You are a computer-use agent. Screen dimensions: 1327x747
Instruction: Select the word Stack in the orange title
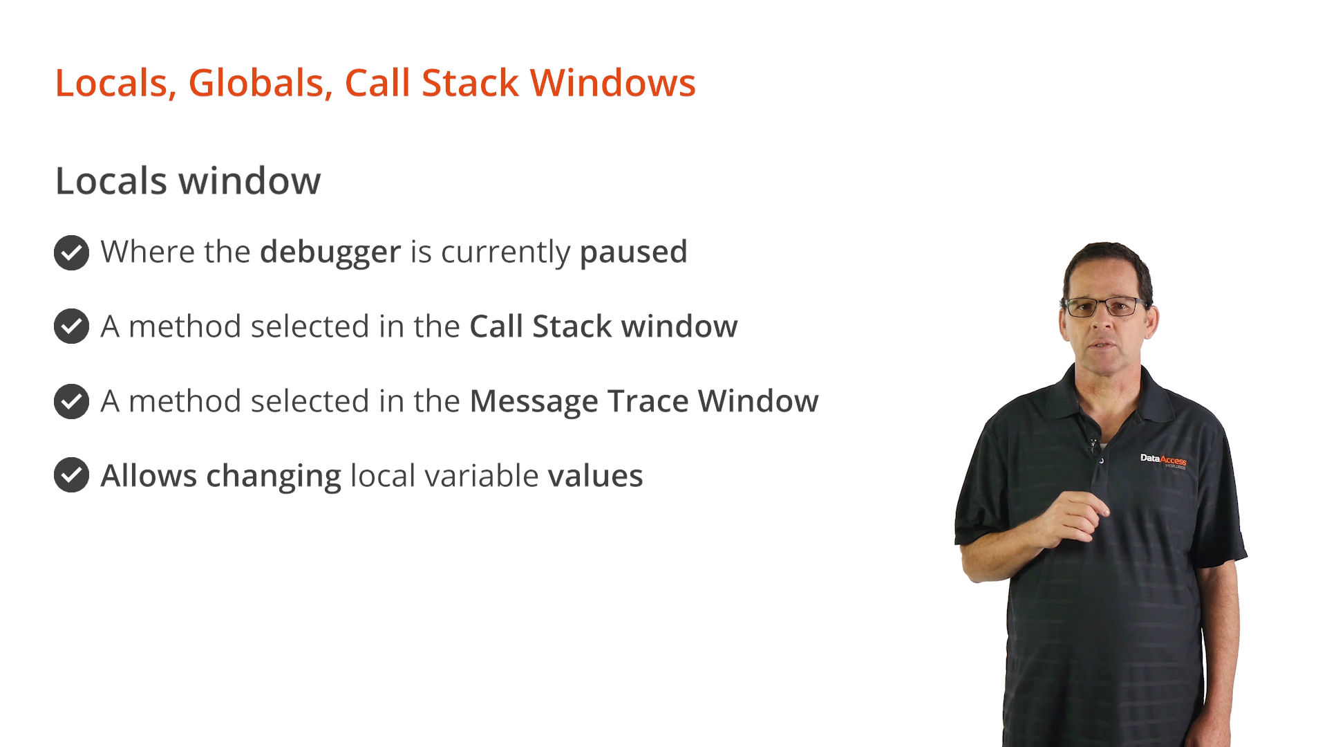[470, 84]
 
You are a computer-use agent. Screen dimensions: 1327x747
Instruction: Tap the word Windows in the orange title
[612, 84]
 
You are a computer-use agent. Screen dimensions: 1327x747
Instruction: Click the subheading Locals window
[188, 181]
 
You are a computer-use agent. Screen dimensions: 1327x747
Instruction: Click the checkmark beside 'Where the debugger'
[71, 252]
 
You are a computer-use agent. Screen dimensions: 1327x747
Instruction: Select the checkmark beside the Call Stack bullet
[71, 326]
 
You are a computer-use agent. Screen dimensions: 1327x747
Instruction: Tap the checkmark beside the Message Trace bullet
[71, 401]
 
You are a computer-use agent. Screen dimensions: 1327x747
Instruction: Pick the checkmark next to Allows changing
[71, 475]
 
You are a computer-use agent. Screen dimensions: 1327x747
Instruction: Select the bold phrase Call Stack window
[603, 326]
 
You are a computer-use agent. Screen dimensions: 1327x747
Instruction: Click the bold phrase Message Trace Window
[644, 402]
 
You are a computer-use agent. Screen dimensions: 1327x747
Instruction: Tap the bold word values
[595, 476]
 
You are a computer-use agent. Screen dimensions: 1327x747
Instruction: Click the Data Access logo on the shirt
[1163, 461]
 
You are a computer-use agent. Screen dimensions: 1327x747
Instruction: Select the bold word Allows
[149, 476]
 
